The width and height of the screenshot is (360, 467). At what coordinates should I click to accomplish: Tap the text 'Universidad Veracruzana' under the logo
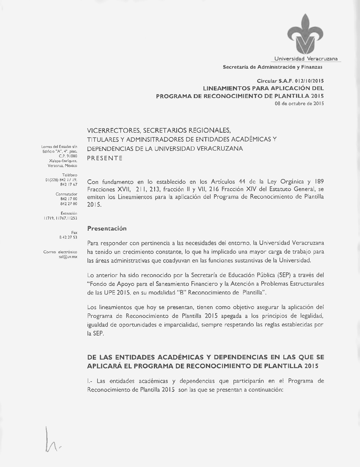[306, 59]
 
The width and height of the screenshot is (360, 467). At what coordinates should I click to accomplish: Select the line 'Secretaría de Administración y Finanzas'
[272, 67]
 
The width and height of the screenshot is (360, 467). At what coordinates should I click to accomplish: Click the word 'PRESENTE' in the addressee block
[105, 158]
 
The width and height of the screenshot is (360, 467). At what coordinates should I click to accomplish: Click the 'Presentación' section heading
[107, 228]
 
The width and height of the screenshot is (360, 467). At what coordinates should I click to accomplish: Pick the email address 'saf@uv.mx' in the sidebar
[68, 257]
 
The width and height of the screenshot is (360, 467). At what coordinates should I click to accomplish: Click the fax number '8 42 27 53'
[68, 237]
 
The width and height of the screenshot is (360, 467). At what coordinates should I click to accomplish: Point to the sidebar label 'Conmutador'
[66, 194]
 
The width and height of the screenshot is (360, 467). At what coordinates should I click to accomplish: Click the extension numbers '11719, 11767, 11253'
[60, 218]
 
